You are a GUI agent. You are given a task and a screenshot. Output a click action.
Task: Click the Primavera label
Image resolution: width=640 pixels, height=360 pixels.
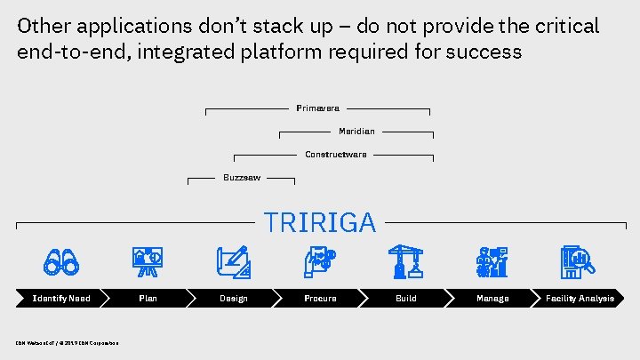click(317, 108)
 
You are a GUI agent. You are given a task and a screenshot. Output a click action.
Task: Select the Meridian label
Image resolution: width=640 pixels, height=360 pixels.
click(356, 132)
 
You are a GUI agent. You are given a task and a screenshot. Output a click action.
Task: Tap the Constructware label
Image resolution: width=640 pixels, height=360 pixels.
click(335, 155)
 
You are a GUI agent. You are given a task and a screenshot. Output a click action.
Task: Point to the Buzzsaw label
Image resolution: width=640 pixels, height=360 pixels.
click(242, 178)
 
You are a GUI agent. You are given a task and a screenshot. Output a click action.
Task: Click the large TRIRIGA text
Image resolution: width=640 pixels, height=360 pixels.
click(320, 222)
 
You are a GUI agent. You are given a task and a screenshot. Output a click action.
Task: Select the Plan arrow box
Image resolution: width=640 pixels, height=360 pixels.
click(148, 299)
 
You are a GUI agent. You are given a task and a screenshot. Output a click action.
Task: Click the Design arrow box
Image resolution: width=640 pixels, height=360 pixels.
click(234, 299)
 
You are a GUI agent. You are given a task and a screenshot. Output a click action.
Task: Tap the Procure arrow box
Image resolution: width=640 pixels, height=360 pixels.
click(320, 299)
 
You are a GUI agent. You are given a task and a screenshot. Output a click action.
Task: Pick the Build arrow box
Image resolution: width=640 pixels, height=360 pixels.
click(405, 299)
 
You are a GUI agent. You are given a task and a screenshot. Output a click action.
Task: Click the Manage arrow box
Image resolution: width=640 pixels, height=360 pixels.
click(492, 299)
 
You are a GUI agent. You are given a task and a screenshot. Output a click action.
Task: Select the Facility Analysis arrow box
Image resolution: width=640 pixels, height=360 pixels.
click(580, 299)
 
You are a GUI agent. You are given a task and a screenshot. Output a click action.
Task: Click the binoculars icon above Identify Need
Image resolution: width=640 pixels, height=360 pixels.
click(62, 261)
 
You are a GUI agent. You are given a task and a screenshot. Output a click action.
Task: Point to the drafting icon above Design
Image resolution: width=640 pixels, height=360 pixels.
click(234, 261)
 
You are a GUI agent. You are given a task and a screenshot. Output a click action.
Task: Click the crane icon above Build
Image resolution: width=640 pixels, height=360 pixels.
click(406, 261)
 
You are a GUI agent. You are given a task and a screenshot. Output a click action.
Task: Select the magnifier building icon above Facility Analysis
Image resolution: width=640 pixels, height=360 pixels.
click(578, 261)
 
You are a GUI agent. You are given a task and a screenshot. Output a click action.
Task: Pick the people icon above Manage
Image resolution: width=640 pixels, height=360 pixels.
click(492, 261)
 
